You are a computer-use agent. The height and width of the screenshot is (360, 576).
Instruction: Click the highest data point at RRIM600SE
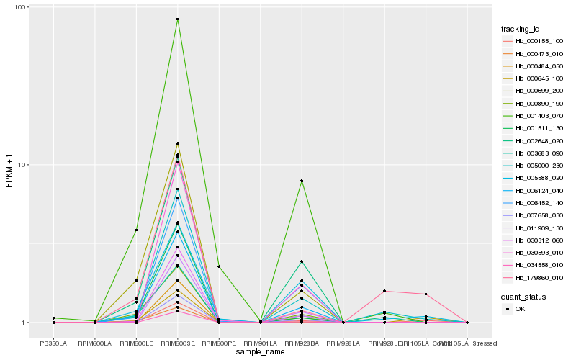point(178,19)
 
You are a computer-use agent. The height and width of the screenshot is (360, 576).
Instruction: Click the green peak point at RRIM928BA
point(302,181)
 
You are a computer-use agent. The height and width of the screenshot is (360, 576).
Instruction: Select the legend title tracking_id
point(521,29)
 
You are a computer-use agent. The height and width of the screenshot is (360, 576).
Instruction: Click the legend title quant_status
point(523,296)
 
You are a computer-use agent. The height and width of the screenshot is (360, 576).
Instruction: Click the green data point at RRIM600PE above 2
point(219,266)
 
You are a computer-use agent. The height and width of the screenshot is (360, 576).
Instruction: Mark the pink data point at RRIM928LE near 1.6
point(384,291)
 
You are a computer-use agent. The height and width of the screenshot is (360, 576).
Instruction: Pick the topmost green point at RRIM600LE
point(136,230)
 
